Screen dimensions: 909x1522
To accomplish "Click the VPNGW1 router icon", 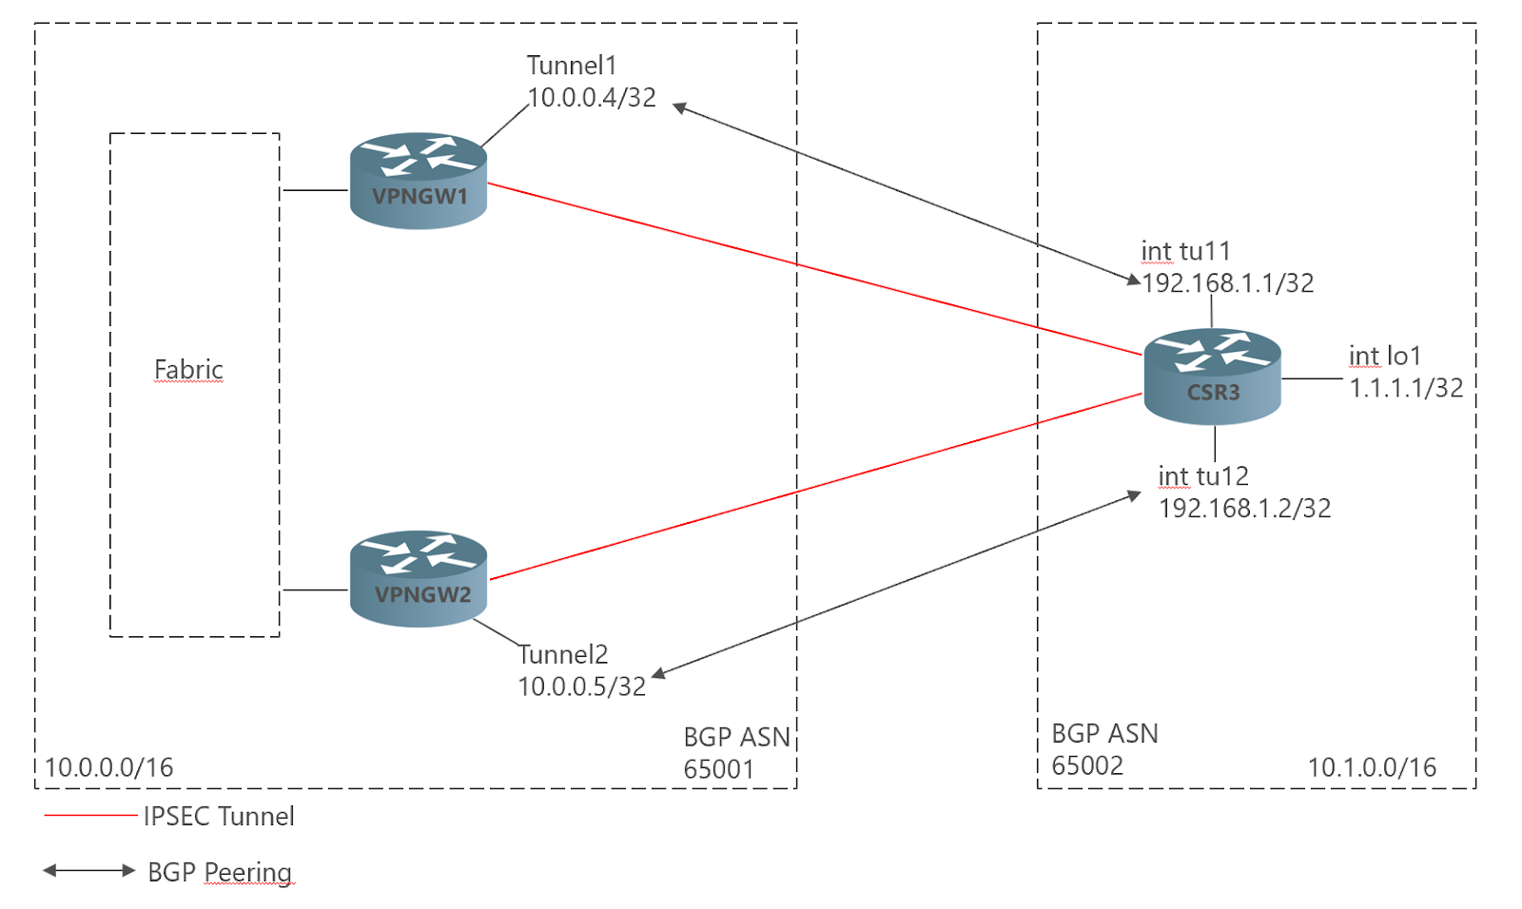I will pos(419,181).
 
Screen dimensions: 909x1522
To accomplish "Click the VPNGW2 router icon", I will pos(419,578).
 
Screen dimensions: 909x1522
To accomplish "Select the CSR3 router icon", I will pos(1212,377).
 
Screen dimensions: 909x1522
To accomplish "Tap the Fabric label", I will pos(188,369).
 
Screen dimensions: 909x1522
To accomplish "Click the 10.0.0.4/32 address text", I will pos(592,98).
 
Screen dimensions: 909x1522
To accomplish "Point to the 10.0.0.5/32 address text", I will pos(582,687).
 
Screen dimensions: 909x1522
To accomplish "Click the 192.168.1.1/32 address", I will pos(1228,283).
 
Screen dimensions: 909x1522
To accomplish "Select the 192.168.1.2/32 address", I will pos(1244,509).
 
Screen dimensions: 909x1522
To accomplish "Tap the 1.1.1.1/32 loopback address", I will pos(1406,388).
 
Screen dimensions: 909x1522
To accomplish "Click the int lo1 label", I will pos(1385,356).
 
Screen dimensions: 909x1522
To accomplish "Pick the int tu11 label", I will pos(1185,251).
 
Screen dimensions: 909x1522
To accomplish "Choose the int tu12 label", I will pos(1203,476).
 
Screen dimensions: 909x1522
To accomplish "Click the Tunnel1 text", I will pos(572,66).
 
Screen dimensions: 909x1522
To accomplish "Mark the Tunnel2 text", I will pos(563,654).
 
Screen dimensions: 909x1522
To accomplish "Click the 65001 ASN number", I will pos(719,769).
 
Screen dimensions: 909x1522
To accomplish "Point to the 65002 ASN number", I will pos(1087,765).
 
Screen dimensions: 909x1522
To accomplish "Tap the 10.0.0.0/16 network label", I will pos(109,767).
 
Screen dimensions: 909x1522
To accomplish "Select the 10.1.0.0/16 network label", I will pos(1372,767).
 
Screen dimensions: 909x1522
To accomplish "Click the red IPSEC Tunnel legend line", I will pos(90,815).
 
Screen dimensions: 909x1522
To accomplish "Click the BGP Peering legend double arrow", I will pos(89,870).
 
